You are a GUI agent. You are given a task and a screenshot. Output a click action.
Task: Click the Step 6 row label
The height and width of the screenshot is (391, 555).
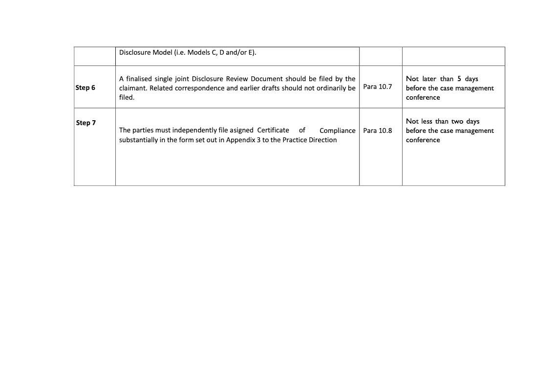[x=85, y=88]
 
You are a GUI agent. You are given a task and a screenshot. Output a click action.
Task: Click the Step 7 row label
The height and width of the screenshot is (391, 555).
[x=86, y=123]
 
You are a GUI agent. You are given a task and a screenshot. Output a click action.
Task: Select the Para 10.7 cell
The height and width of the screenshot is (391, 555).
[x=378, y=87]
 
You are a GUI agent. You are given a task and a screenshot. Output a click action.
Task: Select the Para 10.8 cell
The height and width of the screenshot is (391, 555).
[x=378, y=130]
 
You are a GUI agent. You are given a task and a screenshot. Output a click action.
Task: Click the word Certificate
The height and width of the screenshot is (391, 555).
[x=273, y=130]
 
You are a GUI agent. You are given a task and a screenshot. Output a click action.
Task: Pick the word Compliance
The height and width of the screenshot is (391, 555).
[x=338, y=130]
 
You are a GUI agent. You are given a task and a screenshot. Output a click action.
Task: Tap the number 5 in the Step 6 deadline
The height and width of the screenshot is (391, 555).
[x=459, y=79]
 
